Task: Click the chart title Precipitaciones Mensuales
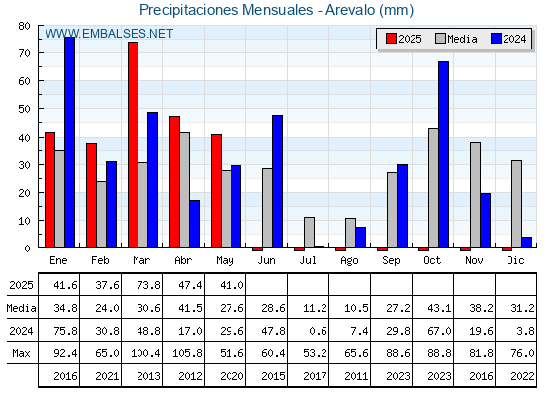[227, 10]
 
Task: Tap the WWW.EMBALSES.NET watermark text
[109, 34]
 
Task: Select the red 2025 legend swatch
[391, 39]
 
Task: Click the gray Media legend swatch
[440, 39]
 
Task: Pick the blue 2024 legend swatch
[496, 39]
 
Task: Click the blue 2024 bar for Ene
[69, 143]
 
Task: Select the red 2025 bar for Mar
[134, 145]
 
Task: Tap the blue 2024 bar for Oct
[444, 154]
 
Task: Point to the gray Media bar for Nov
[475, 195]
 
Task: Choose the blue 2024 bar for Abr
[194, 224]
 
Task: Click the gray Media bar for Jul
[309, 233]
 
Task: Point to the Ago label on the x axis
[349, 261]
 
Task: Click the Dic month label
[515, 260]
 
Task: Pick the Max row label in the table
[21, 353]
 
